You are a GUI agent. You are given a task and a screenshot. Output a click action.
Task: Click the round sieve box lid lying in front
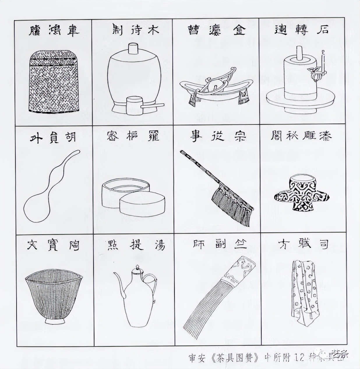142,205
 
